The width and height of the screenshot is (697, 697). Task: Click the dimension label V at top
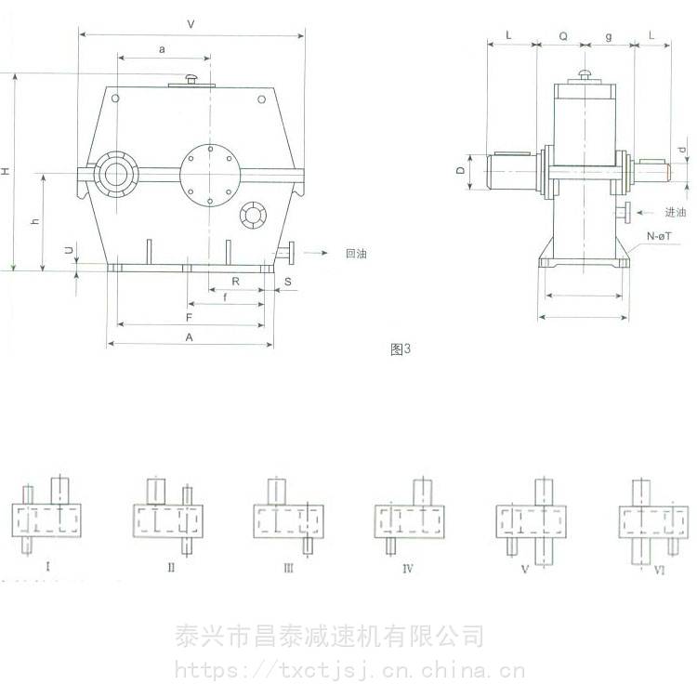[191, 24]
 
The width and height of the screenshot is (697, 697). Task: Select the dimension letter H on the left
[6, 171]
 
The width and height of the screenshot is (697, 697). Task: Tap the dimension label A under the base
[190, 337]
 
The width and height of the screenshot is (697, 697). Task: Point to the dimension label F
[189, 318]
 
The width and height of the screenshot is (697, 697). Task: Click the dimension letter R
[236, 281]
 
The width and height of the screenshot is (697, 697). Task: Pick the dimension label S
[288, 282]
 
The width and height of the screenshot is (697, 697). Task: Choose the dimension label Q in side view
[563, 36]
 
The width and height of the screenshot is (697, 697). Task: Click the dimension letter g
[609, 37]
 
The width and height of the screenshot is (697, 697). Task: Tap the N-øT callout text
[659, 236]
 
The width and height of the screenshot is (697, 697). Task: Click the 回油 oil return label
[356, 254]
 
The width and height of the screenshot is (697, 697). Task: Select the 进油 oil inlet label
[676, 213]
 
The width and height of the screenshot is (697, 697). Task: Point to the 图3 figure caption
[401, 349]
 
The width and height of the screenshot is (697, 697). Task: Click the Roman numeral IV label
[408, 569]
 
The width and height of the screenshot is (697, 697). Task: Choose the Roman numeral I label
[48, 566]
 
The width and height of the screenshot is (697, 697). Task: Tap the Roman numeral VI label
[659, 570]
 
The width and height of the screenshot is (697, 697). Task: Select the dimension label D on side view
[461, 170]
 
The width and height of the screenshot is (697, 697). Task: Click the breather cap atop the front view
[191, 79]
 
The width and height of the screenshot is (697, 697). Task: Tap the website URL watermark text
[349, 670]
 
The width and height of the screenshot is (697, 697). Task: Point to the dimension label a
[162, 49]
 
